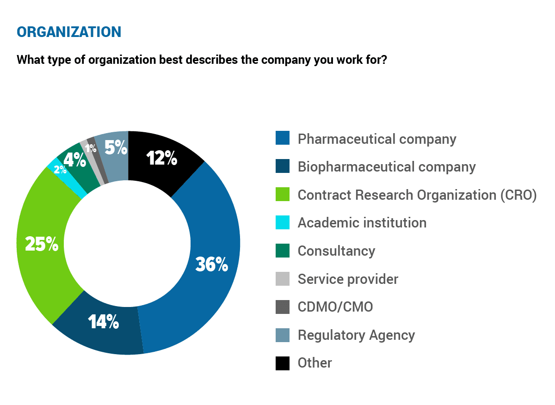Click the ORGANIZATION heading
pos(69,31)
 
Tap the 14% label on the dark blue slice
pos(104,322)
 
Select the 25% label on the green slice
pos(42,244)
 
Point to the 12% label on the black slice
pos(162,158)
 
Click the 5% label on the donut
pos(116,148)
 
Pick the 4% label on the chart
pos(74,160)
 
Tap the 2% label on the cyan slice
pos(60,170)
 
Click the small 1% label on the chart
pos(91,148)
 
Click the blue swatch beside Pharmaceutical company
pos(283,138)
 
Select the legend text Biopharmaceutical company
pos(387,166)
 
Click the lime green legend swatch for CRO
pos(283,194)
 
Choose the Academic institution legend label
pos(362,222)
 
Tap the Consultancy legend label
pos(336,251)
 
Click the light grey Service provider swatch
pos(283,279)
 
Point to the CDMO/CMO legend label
pos(335,307)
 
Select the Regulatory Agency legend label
pos(356,335)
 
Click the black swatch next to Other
pos(283,363)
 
